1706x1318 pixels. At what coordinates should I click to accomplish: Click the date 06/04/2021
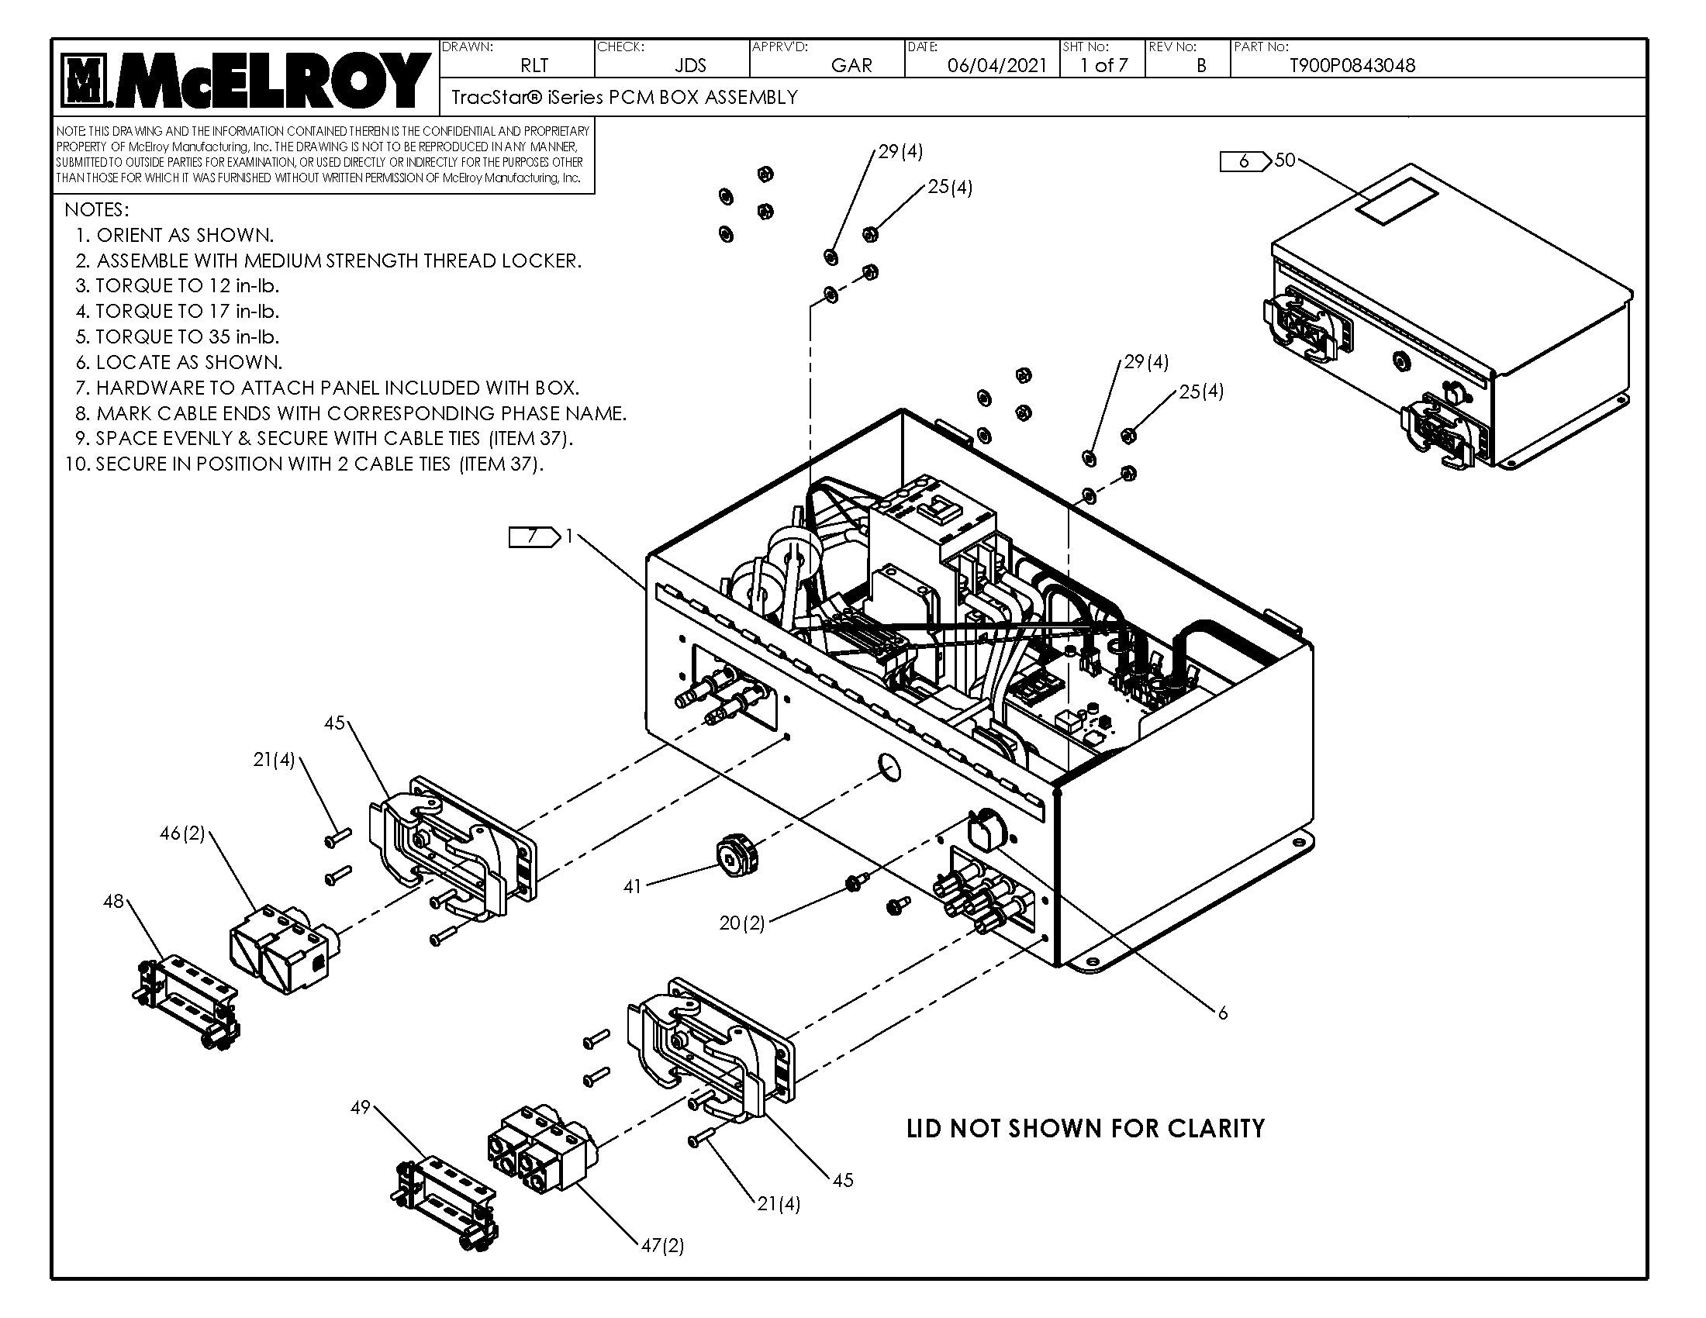coord(996,66)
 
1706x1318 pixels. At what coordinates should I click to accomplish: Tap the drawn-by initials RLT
coord(534,66)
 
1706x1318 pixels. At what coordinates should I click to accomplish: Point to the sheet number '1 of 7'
coord(1103,66)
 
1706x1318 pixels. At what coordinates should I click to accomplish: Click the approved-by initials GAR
coord(851,66)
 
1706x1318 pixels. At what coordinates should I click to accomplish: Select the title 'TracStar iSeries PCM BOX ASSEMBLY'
coord(625,98)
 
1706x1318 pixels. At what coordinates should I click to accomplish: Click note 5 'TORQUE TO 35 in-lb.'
coord(178,336)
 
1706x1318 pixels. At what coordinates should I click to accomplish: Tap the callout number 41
coord(633,886)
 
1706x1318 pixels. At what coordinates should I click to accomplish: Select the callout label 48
coord(113,902)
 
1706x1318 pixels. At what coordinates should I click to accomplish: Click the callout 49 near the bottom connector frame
coord(360,1108)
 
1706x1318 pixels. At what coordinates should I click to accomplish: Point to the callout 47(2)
coord(662,1245)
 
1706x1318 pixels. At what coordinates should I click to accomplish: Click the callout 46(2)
coord(182,834)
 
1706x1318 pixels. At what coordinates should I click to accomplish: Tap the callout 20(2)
coord(741,923)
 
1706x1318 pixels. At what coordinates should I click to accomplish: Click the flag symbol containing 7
coord(534,537)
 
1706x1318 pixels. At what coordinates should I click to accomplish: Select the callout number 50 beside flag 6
coord(1284,160)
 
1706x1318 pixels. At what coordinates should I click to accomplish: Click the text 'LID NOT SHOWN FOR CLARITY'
coord(1085,1129)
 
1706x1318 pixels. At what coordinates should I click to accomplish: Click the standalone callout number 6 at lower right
coord(1222,1013)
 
